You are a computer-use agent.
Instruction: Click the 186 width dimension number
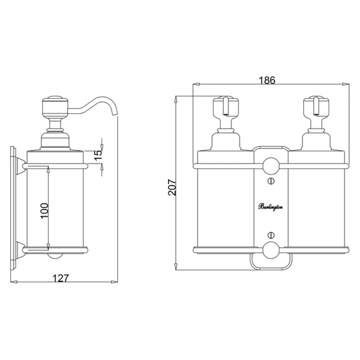click(x=267, y=80)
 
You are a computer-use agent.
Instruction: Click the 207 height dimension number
click(x=172, y=188)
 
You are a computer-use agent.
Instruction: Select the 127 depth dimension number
click(x=61, y=278)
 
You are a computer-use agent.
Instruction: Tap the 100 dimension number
click(x=45, y=211)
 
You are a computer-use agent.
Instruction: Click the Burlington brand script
click(x=270, y=207)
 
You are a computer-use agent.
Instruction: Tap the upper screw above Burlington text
click(x=271, y=181)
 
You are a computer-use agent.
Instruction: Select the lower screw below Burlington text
click(x=271, y=234)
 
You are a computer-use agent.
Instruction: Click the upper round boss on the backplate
click(x=270, y=166)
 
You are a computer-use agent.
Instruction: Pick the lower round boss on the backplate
click(x=270, y=250)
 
